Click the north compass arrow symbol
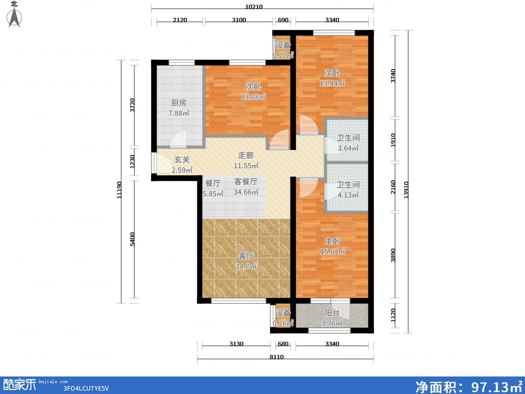(x=14, y=17)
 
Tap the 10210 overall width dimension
(x=254, y=7)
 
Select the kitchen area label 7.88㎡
(x=179, y=113)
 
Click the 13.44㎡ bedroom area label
(x=332, y=83)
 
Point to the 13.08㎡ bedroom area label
(x=253, y=97)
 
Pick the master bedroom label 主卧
(x=332, y=241)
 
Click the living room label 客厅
(x=246, y=256)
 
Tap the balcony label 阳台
(x=332, y=313)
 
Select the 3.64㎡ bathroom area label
(x=348, y=148)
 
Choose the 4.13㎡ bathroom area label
(x=348, y=195)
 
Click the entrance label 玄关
(x=182, y=159)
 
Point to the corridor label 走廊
(x=246, y=155)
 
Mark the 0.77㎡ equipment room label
(x=283, y=56)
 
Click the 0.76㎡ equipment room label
(x=283, y=324)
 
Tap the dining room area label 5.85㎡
(x=213, y=193)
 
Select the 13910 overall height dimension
(x=406, y=190)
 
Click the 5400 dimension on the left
(x=132, y=239)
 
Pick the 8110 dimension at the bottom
(x=276, y=357)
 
